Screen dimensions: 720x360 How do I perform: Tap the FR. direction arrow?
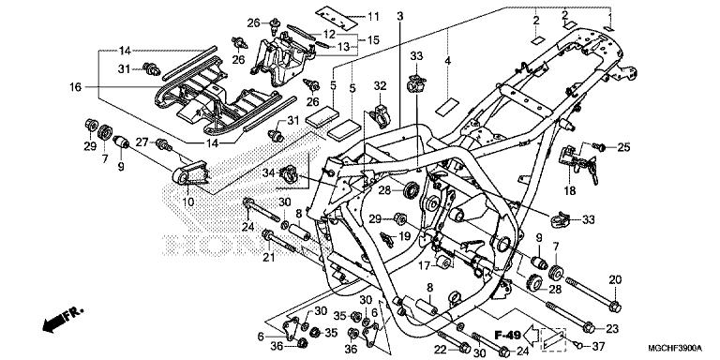pyautogui.click(x=62, y=319)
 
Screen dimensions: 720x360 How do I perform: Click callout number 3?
pyautogui.click(x=400, y=17)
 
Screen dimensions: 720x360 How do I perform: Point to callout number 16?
pyautogui.click(x=76, y=86)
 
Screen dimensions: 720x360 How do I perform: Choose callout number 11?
pyautogui.click(x=373, y=17)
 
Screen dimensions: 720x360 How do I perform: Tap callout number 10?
pyautogui.click(x=188, y=202)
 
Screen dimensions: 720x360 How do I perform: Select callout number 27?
pyautogui.click(x=142, y=142)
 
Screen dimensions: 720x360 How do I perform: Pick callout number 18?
pyautogui.click(x=569, y=190)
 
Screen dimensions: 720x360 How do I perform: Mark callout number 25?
pyautogui.click(x=623, y=147)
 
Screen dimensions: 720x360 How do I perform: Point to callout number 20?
pyautogui.click(x=615, y=279)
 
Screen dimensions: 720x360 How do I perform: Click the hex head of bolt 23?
pyautogui.click(x=589, y=328)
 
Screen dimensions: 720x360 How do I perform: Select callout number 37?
pyautogui.click(x=598, y=346)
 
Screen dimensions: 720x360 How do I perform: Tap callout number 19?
pyautogui.click(x=404, y=236)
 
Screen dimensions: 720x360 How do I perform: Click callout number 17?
pyautogui.click(x=425, y=265)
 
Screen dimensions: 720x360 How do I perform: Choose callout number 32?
pyautogui.click(x=381, y=86)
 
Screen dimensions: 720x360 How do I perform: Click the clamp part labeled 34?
pyautogui.click(x=289, y=174)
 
